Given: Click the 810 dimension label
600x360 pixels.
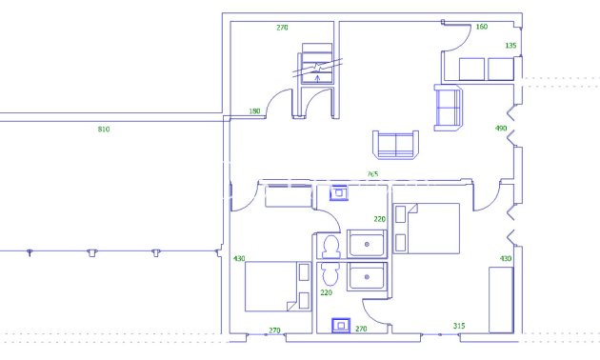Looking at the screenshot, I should click(103, 129).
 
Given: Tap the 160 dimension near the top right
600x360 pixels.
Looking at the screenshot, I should click(481, 27).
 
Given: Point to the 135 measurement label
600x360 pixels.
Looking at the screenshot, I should click(510, 45).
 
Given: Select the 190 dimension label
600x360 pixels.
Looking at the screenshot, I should click(254, 111).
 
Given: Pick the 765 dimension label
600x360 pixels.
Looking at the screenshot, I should click(372, 174).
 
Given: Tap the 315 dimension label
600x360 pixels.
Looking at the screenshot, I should click(458, 326).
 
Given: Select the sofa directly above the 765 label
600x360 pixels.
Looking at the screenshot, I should click(394, 145).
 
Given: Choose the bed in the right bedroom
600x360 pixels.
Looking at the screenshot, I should click(427, 229).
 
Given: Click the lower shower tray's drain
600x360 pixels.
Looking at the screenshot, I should click(367, 277).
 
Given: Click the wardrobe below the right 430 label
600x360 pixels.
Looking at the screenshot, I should click(502, 299).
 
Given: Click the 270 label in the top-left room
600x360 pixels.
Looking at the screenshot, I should click(282, 28).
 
